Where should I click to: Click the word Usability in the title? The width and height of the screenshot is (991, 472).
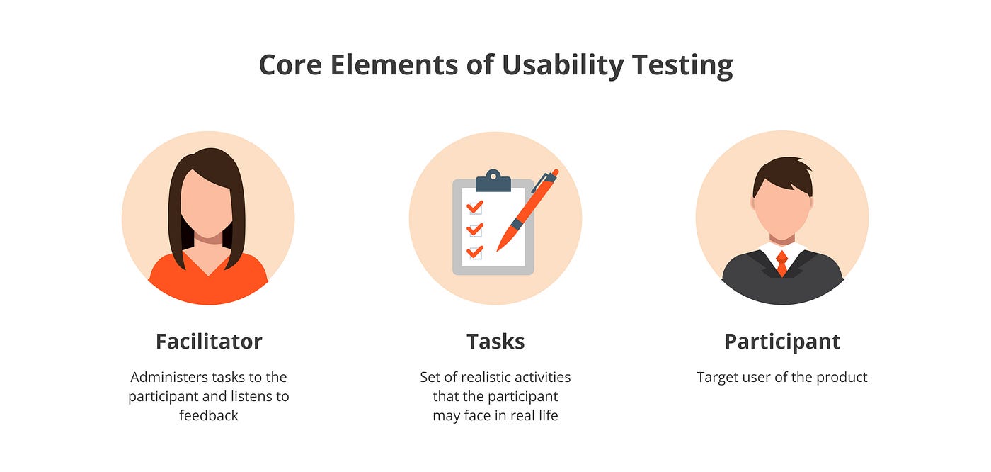pyautogui.click(x=563, y=65)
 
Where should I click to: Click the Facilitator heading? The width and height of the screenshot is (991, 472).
pyautogui.click(x=209, y=342)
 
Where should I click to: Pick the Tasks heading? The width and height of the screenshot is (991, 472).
pyautogui.click(x=495, y=342)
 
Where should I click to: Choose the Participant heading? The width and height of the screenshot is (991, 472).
pyautogui.click(x=782, y=342)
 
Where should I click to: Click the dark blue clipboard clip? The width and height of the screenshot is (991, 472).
pyautogui.click(x=493, y=182)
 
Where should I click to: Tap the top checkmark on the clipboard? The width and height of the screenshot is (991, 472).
pyautogui.click(x=475, y=207)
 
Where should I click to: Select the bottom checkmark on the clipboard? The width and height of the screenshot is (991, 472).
pyautogui.click(x=475, y=252)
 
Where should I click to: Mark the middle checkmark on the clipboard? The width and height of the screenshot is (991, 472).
pyautogui.click(x=475, y=230)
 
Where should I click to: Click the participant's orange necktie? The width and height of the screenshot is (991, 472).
pyautogui.click(x=781, y=262)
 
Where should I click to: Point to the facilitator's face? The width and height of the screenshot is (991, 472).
pyautogui.click(x=207, y=206)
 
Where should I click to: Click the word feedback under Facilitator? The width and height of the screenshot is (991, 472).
pyautogui.click(x=209, y=415)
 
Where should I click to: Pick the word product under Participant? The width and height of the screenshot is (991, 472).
pyautogui.click(x=842, y=377)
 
